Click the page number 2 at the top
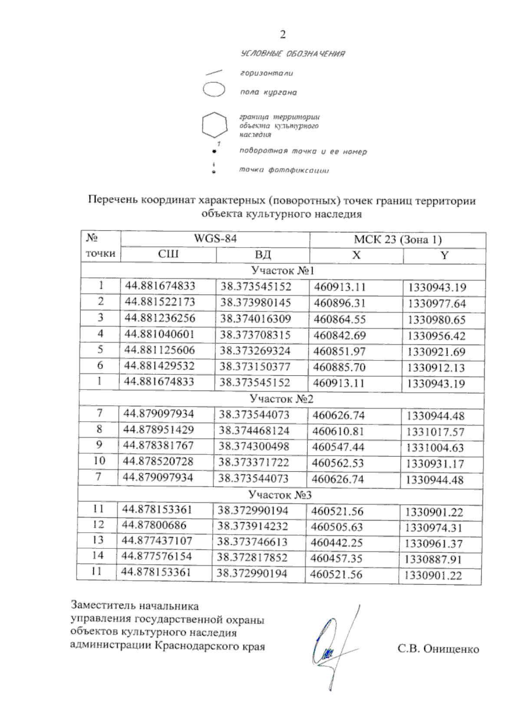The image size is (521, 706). pos(283,34)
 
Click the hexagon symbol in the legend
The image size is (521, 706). pos(214,125)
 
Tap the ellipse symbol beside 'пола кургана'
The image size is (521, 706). pos(213,90)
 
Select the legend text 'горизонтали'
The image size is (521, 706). pos(267,73)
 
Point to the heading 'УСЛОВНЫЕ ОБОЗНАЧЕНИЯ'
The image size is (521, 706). pos(293,54)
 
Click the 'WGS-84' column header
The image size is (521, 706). pos(215,238)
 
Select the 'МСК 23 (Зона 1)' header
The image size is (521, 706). pos(398,240)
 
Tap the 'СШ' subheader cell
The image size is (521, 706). pos(168,254)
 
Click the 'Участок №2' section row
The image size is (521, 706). pos(281,399)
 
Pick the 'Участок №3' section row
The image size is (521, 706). pos(280,495)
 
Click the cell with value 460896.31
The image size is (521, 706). pos(340,303)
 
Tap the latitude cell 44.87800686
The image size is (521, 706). pos(154,525)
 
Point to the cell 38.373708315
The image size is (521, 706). pos(255,335)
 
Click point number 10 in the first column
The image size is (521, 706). pos(99,461)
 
